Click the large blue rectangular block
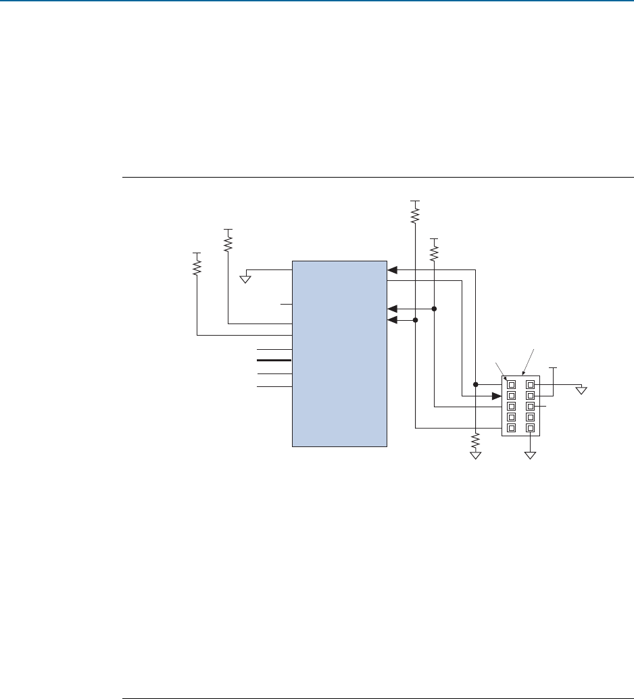pos(339,353)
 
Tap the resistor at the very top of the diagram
pos(415,213)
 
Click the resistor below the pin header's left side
pos(476,442)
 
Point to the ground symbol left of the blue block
pos(247,278)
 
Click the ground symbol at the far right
pos(582,389)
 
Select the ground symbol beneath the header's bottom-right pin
pos(531,455)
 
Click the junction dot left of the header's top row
pos(476,384)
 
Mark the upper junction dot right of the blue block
pos(434,309)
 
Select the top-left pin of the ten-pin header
pos(511,384)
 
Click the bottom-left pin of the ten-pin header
pos(511,428)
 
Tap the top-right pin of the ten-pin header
pos(531,384)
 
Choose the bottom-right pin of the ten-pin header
pos(531,428)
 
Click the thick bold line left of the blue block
pos(274,361)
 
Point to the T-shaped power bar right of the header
pos(554,369)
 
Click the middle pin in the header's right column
pos(531,407)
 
